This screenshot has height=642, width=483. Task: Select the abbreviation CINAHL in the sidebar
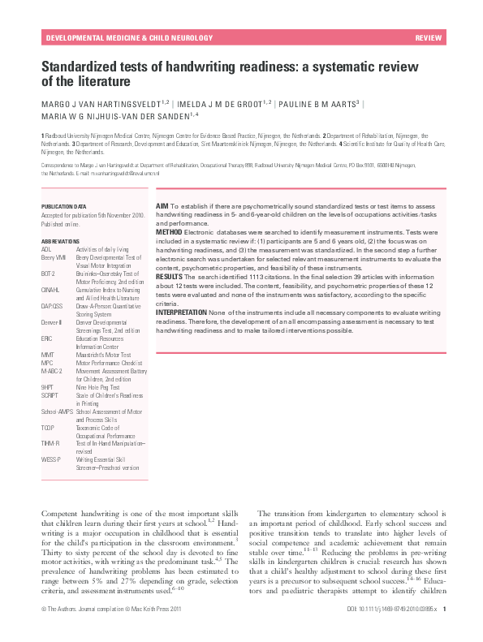point(51,287)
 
